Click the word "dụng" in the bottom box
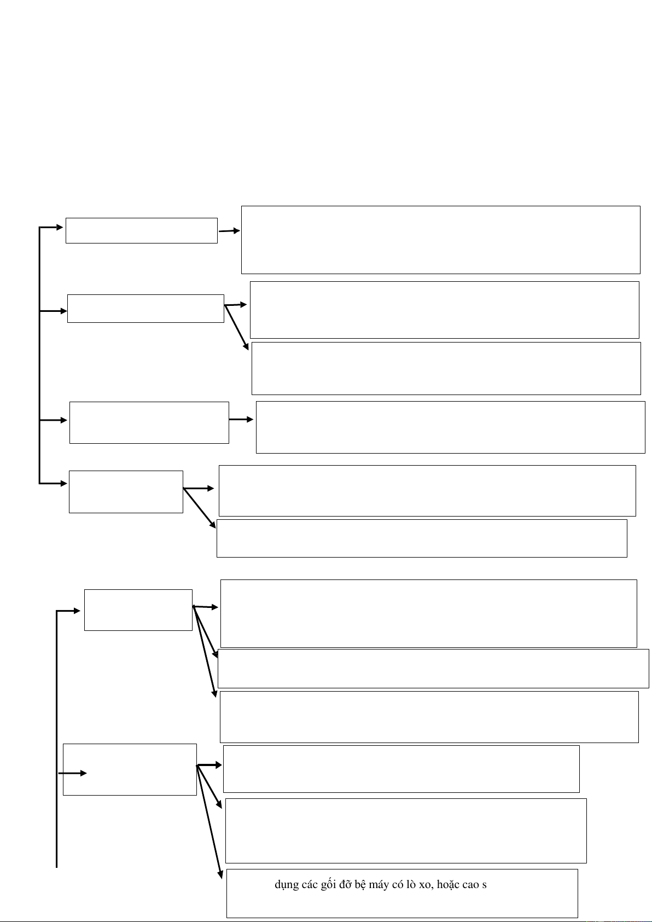[x=287, y=885]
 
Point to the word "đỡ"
[x=346, y=885]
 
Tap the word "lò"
[x=411, y=885]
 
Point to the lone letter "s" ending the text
[x=485, y=885]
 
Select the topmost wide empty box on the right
[x=440, y=240]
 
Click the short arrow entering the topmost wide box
[x=229, y=231]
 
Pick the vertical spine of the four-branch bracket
[x=40, y=356]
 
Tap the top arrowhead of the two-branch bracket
[x=77, y=611]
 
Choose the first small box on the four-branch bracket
[x=141, y=230]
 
